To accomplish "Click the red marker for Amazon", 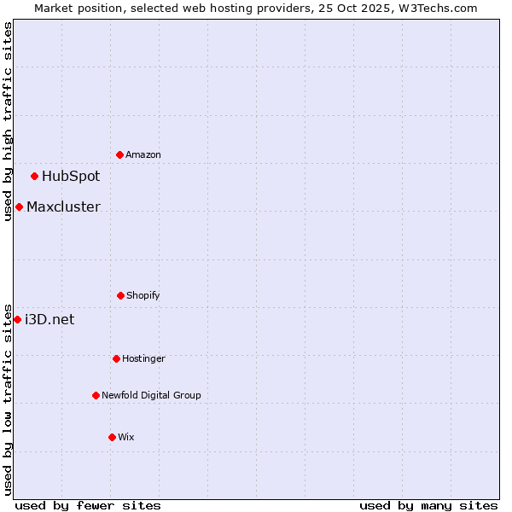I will tap(119, 154).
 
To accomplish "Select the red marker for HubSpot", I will tap(34, 177).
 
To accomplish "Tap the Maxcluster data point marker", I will tap(19, 207).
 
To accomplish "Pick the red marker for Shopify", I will tap(120, 295).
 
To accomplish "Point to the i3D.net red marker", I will tap(17, 319).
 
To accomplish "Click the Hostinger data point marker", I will tap(116, 358).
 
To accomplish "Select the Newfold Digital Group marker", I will tap(96, 395).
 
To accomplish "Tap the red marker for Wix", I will tap(112, 437).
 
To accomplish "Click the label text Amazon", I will tap(143, 154).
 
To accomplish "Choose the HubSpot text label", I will tap(71, 177).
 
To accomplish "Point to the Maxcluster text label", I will tap(63, 207).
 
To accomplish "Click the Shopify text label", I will tap(143, 295).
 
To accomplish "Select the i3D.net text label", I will tap(49, 319).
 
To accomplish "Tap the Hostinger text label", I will tap(143, 358).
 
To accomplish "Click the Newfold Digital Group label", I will tap(151, 395).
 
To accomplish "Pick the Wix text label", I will tap(126, 437).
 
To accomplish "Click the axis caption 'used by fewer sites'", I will tap(88, 505).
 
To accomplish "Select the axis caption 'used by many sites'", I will tap(428, 505).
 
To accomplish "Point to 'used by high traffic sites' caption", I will tap(8, 121).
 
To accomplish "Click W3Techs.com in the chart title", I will tap(433, 8).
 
